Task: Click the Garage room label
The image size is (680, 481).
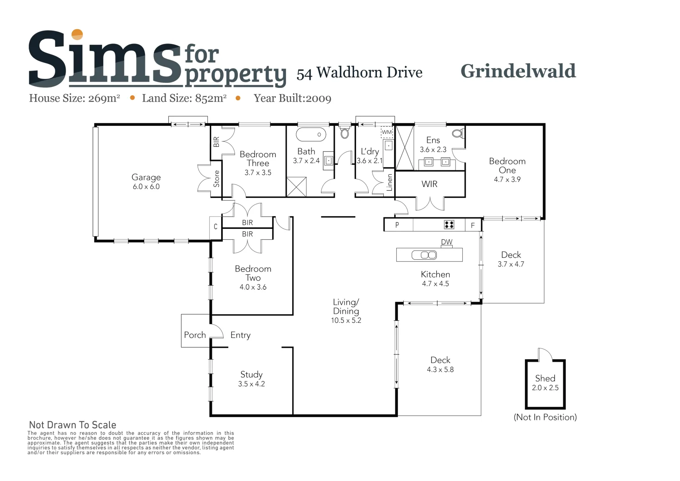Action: [x=146, y=177]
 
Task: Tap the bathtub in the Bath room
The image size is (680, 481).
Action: [x=311, y=134]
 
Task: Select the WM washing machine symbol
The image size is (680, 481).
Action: [x=387, y=132]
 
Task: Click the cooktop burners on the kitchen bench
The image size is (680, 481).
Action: [x=449, y=225]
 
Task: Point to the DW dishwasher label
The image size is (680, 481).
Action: [x=446, y=242]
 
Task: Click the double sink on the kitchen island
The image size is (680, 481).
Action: [x=424, y=255]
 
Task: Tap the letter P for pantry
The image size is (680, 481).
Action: [x=397, y=225]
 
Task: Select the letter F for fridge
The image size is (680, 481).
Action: [x=473, y=225]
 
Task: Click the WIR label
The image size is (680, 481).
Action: [x=429, y=184]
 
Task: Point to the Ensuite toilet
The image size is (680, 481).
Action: [x=458, y=133]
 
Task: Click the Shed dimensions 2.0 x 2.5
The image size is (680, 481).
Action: [x=545, y=388]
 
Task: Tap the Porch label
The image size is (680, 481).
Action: [x=195, y=335]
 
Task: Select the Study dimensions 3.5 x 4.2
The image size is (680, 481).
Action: [x=251, y=384]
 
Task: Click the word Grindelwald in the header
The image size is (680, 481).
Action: [x=518, y=71]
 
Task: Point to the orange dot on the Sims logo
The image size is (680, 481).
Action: [x=77, y=35]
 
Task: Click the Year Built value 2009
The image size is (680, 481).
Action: [x=318, y=98]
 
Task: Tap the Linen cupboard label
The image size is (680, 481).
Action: [x=389, y=182]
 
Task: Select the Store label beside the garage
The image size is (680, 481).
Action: [x=216, y=179]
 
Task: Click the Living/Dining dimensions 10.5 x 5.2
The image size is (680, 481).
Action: [x=346, y=320]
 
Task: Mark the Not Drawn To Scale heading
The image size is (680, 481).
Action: [x=73, y=425]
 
